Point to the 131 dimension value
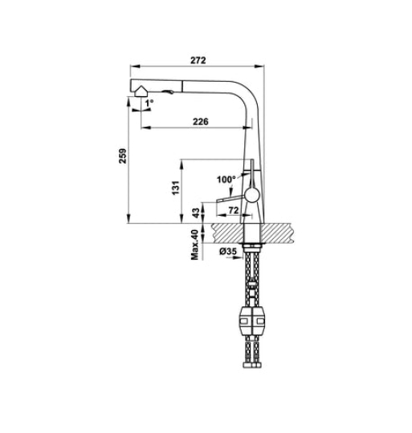tap(173, 188)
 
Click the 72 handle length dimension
tap(234, 210)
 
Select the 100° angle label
tap(226, 179)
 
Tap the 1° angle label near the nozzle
tap(150, 103)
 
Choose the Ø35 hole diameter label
tap(228, 252)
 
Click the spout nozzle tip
tap(142, 92)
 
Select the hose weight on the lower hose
tap(251, 323)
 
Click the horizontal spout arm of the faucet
tap(201, 87)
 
